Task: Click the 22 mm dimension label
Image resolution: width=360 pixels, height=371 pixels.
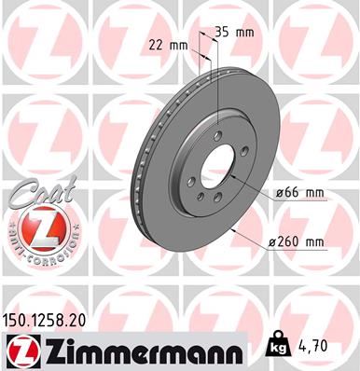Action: pyautogui.click(x=169, y=44)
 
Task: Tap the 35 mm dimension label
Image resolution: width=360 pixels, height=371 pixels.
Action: pyautogui.click(x=234, y=31)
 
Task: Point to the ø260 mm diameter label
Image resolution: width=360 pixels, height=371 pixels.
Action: pyautogui.click(x=295, y=242)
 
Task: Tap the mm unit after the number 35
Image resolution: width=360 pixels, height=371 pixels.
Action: pyautogui.click(x=245, y=31)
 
